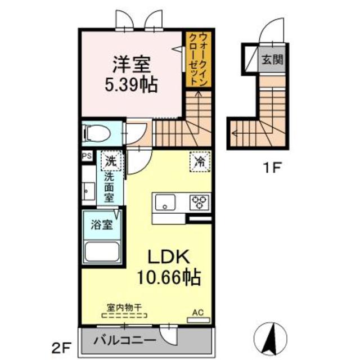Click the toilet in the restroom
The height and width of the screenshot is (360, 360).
(x=96, y=133)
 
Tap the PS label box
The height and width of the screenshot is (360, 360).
(x=87, y=156)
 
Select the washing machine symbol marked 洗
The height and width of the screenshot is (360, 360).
(x=111, y=161)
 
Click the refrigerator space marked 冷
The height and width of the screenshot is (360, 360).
(x=200, y=161)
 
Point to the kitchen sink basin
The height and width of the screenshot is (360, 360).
(x=165, y=202)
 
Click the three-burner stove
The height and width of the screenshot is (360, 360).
(x=199, y=202)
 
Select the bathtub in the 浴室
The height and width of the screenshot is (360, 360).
(x=102, y=251)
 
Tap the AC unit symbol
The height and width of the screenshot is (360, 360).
(x=199, y=320)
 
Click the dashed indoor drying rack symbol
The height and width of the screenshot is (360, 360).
(x=124, y=316)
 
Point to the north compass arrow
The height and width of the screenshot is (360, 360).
(x=271, y=339)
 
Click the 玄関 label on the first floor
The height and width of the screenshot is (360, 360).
(x=272, y=60)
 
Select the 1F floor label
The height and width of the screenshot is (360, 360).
(x=272, y=168)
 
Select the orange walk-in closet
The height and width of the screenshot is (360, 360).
(x=199, y=60)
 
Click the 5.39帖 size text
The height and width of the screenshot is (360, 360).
(x=131, y=85)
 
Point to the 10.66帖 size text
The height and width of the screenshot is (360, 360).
(x=169, y=277)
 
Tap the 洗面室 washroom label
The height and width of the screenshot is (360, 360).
(x=109, y=187)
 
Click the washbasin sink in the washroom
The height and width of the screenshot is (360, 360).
(x=89, y=191)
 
